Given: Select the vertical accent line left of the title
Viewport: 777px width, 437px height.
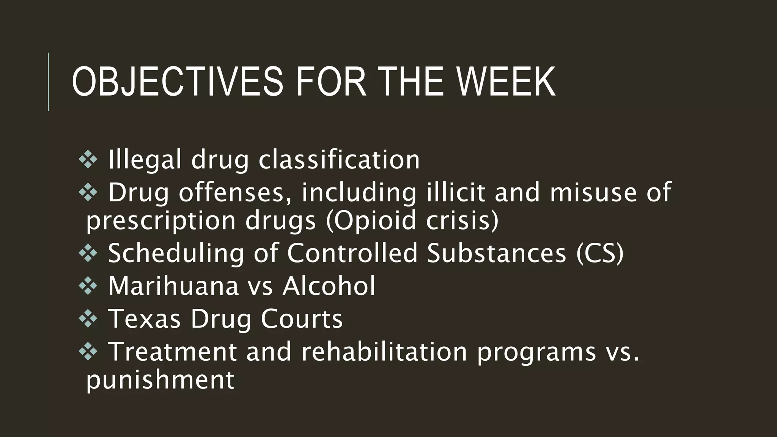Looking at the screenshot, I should [x=49, y=82].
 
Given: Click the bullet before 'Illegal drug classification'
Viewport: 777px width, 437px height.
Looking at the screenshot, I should [x=88, y=160].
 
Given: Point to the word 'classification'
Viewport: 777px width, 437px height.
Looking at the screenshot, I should [x=339, y=160].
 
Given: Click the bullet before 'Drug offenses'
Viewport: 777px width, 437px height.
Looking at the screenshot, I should [x=88, y=192].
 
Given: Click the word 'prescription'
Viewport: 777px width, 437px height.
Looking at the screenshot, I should [x=161, y=221].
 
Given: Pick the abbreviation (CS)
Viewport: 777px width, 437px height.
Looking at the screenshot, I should [x=599, y=253].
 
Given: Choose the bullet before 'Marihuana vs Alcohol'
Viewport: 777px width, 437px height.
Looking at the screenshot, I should [x=88, y=286].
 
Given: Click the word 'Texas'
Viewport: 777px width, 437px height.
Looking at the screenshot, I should [x=145, y=319].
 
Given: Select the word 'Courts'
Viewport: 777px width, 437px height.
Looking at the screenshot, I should [x=302, y=319].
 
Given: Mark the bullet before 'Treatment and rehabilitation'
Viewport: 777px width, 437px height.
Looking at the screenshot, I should [x=88, y=352].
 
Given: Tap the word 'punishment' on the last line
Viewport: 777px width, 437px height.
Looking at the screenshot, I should [x=160, y=380].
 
